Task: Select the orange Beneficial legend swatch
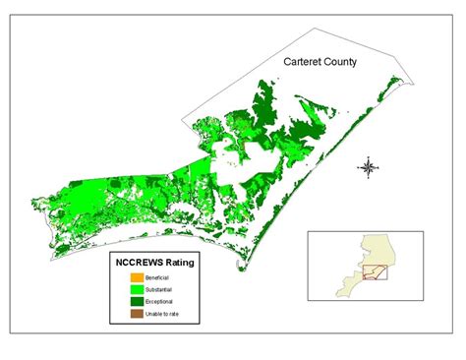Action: click(137, 278)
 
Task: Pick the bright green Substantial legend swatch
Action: click(137, 290)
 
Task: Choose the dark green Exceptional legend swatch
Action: click(137, 302)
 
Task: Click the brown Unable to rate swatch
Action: click(137, 314)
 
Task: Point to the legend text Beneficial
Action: click(157, 278)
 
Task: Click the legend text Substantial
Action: click(159, 290)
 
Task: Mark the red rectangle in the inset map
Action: click(374, 271)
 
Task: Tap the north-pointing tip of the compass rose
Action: click(368, 157)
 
